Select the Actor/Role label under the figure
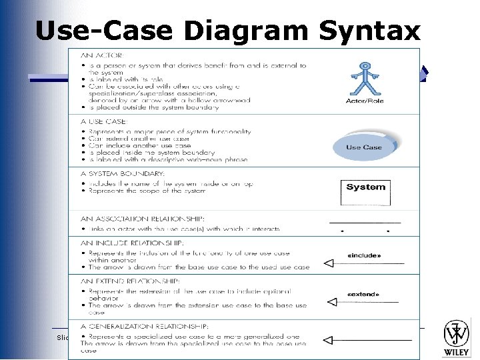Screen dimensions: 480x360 pyautogui.click(x=365, y=101)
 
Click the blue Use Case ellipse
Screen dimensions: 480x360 pyautogui.click(x=364, y=147)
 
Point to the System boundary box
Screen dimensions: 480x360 pyautogui.click(x=365, y=192)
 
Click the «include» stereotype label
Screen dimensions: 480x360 pyautogui.click(x=365, y=255)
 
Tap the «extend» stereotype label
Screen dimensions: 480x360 pyautogui.click(x=364, y=294)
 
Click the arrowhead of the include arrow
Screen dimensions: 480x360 pyautogui.click(x=328, y=264)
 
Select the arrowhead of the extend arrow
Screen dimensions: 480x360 pyautogui.click(x=332, y=303)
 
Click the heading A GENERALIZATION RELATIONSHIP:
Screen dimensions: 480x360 pyautogui.click(x=144, y=327)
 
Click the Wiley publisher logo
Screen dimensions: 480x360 pyautogui.click(x=457, y=337)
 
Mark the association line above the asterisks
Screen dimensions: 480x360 pyautogui.click(x=365, y=221)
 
